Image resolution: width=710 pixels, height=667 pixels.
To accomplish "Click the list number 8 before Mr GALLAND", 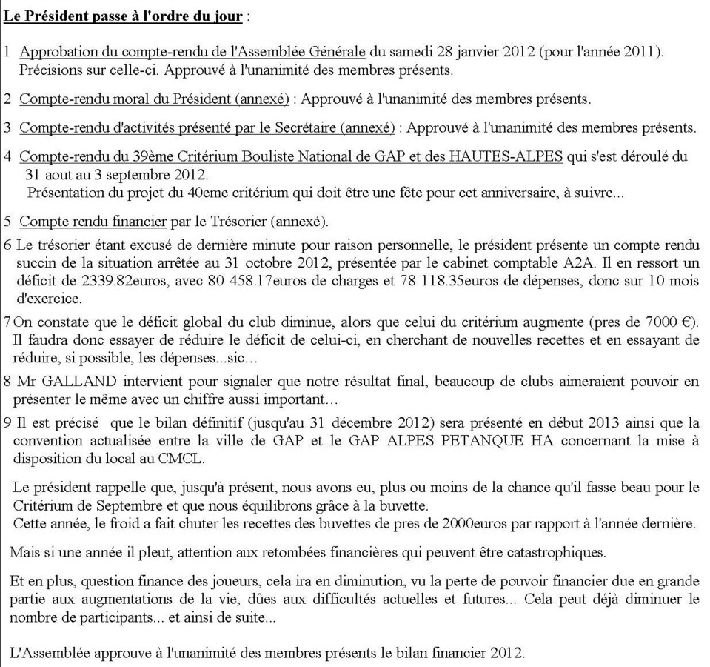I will tap(8, 382).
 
